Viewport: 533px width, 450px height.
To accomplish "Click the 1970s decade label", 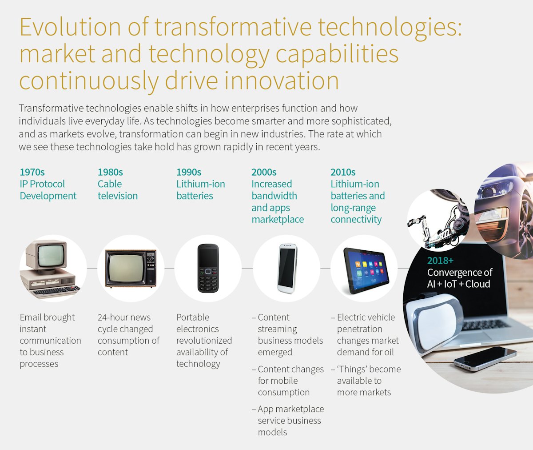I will (32, 172).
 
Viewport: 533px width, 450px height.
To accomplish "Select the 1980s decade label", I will (110, 172).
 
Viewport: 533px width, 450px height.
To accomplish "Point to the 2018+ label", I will (440, 261).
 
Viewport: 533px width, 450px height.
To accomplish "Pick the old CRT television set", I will (131, 268).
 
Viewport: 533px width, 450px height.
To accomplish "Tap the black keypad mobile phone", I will (208, 268).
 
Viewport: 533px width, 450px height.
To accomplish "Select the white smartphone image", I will (287, 268).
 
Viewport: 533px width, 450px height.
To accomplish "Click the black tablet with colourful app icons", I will (366, 270).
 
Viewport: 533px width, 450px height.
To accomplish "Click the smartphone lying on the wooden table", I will (485, 359).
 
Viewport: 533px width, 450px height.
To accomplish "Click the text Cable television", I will (118, 190).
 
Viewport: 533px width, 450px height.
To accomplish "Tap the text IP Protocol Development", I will (48, 190).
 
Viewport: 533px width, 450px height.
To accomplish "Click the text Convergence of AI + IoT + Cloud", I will (459, 278).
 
